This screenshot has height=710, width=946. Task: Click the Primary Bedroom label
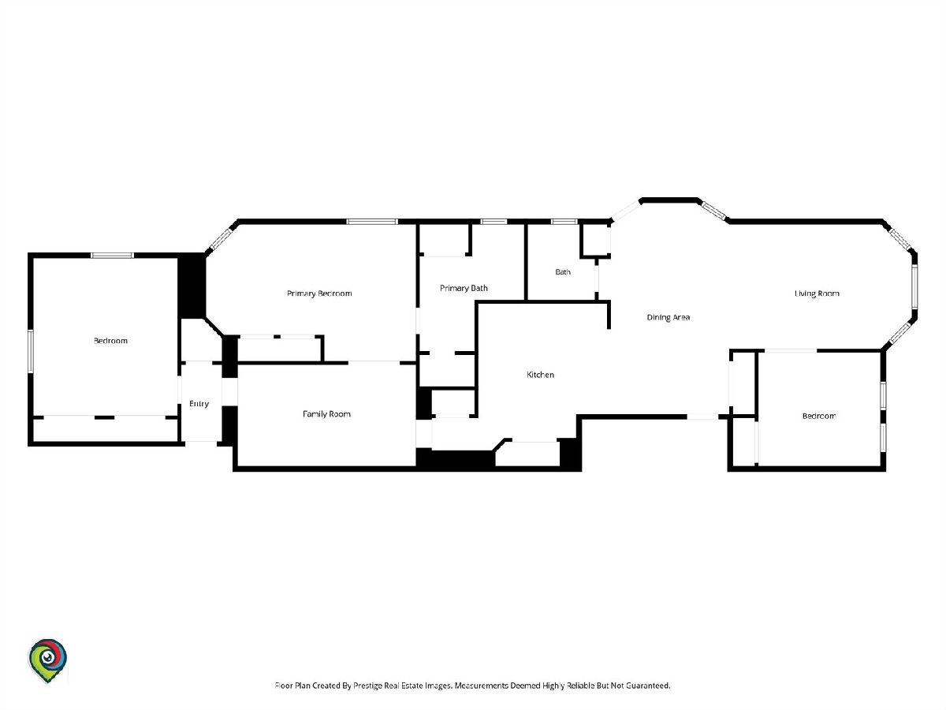coord(319,293)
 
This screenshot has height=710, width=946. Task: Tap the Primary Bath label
coord(464,288)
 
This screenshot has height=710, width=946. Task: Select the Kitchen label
coord(540,375)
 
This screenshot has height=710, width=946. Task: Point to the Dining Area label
coord(668,317)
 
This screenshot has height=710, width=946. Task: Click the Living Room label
coord(817,293)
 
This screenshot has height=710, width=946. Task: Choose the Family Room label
coord(326,414)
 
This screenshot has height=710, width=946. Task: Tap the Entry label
coord(199,403)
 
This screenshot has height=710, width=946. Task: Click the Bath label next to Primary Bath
coord(563,272)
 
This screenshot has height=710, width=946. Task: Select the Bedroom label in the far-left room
coord(111,341)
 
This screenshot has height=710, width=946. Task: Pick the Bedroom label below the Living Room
coord(819,416)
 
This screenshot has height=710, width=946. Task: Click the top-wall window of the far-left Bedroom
coord(113,256)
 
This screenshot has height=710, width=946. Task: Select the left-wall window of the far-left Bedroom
coord(31,351)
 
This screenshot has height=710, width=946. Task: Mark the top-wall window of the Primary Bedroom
coord(372,222)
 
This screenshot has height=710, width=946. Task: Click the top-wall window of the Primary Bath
coord(494,222)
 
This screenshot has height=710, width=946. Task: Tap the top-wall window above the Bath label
coord(564,222)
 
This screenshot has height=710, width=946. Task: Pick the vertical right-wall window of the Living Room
coord(914,286)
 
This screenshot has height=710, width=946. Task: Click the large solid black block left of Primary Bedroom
coord(192,286)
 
